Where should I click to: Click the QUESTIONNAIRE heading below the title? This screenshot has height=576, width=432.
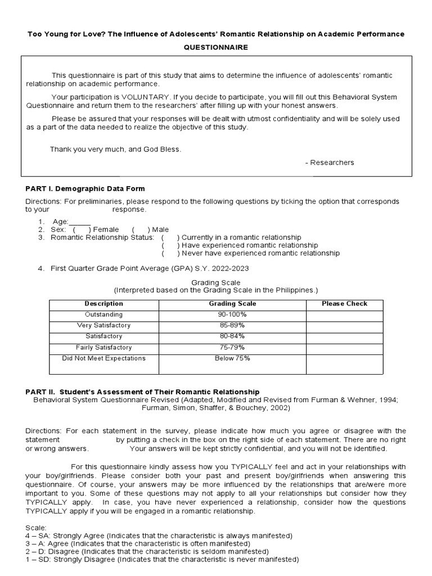215,48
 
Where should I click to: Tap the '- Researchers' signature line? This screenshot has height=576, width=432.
330,163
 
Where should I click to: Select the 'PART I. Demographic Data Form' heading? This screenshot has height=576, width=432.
85,188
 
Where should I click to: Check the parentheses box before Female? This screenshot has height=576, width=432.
82,229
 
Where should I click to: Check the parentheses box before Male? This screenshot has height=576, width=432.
141,229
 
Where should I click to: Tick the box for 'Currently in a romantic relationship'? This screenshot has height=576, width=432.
170,237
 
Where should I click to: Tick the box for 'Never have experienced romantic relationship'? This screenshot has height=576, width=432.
170,253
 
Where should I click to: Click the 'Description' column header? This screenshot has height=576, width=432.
103,304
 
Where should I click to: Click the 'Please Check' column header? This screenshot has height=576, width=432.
344,304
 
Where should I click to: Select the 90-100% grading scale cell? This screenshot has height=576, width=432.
232,314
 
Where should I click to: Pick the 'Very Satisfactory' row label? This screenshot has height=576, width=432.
103,325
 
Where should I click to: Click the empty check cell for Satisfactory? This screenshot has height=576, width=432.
344,336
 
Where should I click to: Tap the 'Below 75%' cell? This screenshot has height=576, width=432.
232,358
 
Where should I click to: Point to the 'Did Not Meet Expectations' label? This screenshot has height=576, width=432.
103,358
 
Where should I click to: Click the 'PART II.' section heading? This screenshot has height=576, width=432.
142,391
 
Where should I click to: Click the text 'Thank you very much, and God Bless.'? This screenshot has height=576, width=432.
116,149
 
